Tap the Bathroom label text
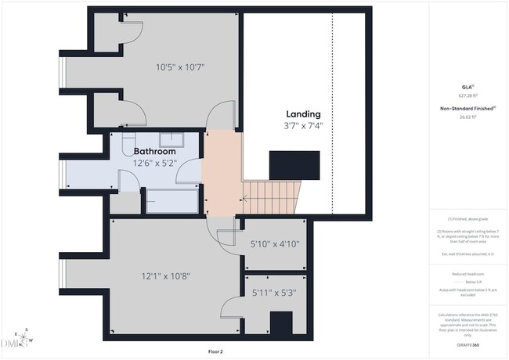pos(160,151)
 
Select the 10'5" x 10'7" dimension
pos(179,67)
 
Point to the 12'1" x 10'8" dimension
pos(165,275)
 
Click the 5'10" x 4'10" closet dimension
pos(273,244)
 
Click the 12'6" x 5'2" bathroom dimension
pos(155,163)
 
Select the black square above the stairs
pos(294,166)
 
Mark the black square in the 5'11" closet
pos(280,322)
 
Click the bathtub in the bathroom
pos(171,200)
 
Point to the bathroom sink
pos(171,140)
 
